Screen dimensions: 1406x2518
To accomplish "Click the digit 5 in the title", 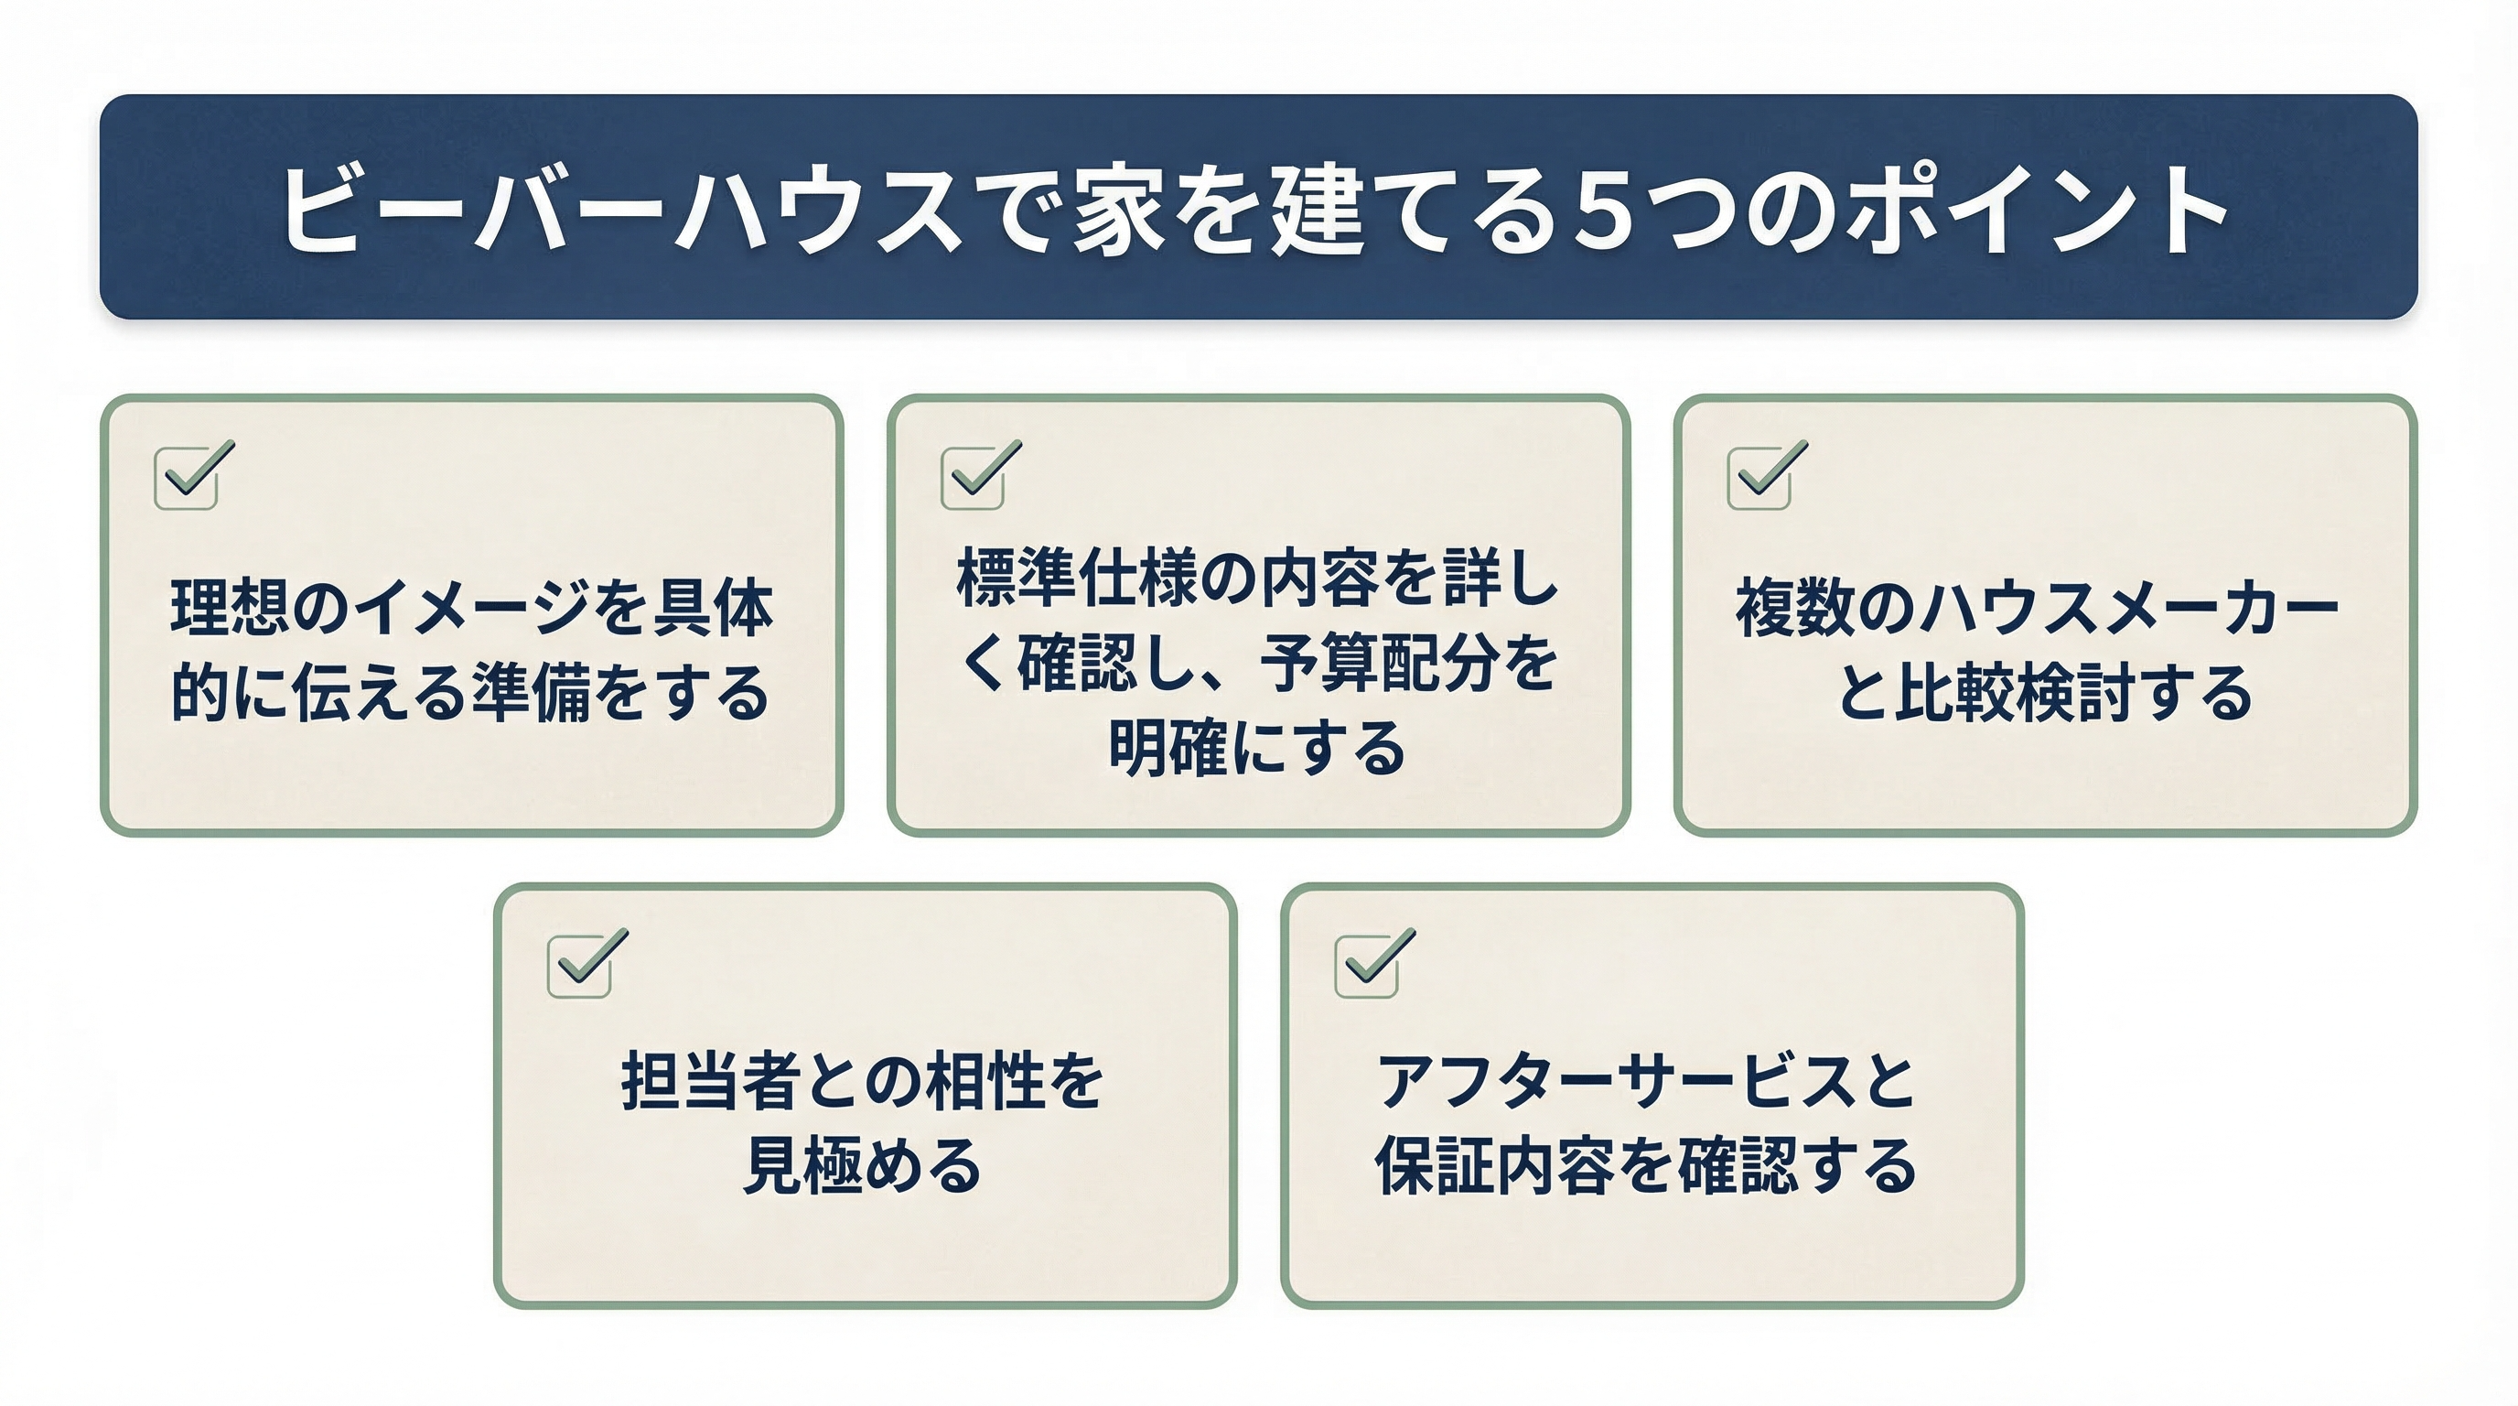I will pyautogui.click(x=1605, y=211).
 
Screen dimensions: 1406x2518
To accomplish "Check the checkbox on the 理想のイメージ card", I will pyautogui.click(x=187, y=477).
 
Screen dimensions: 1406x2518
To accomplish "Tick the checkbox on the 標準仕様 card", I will pyautogui.click(x=974, y=477).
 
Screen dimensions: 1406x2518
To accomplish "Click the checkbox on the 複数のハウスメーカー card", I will pyautogui.click(x=1759, y=477).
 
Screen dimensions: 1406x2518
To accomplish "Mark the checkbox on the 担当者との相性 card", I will pyautogui.click(x=580, y=965).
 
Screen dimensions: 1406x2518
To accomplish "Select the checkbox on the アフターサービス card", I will pyautogui.click(x=1367, y=965).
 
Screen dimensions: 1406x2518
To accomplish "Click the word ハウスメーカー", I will pyautogui.click(x=2128, y=608).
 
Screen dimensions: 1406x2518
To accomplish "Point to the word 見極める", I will pyautogui.click(x=862, y=1166).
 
